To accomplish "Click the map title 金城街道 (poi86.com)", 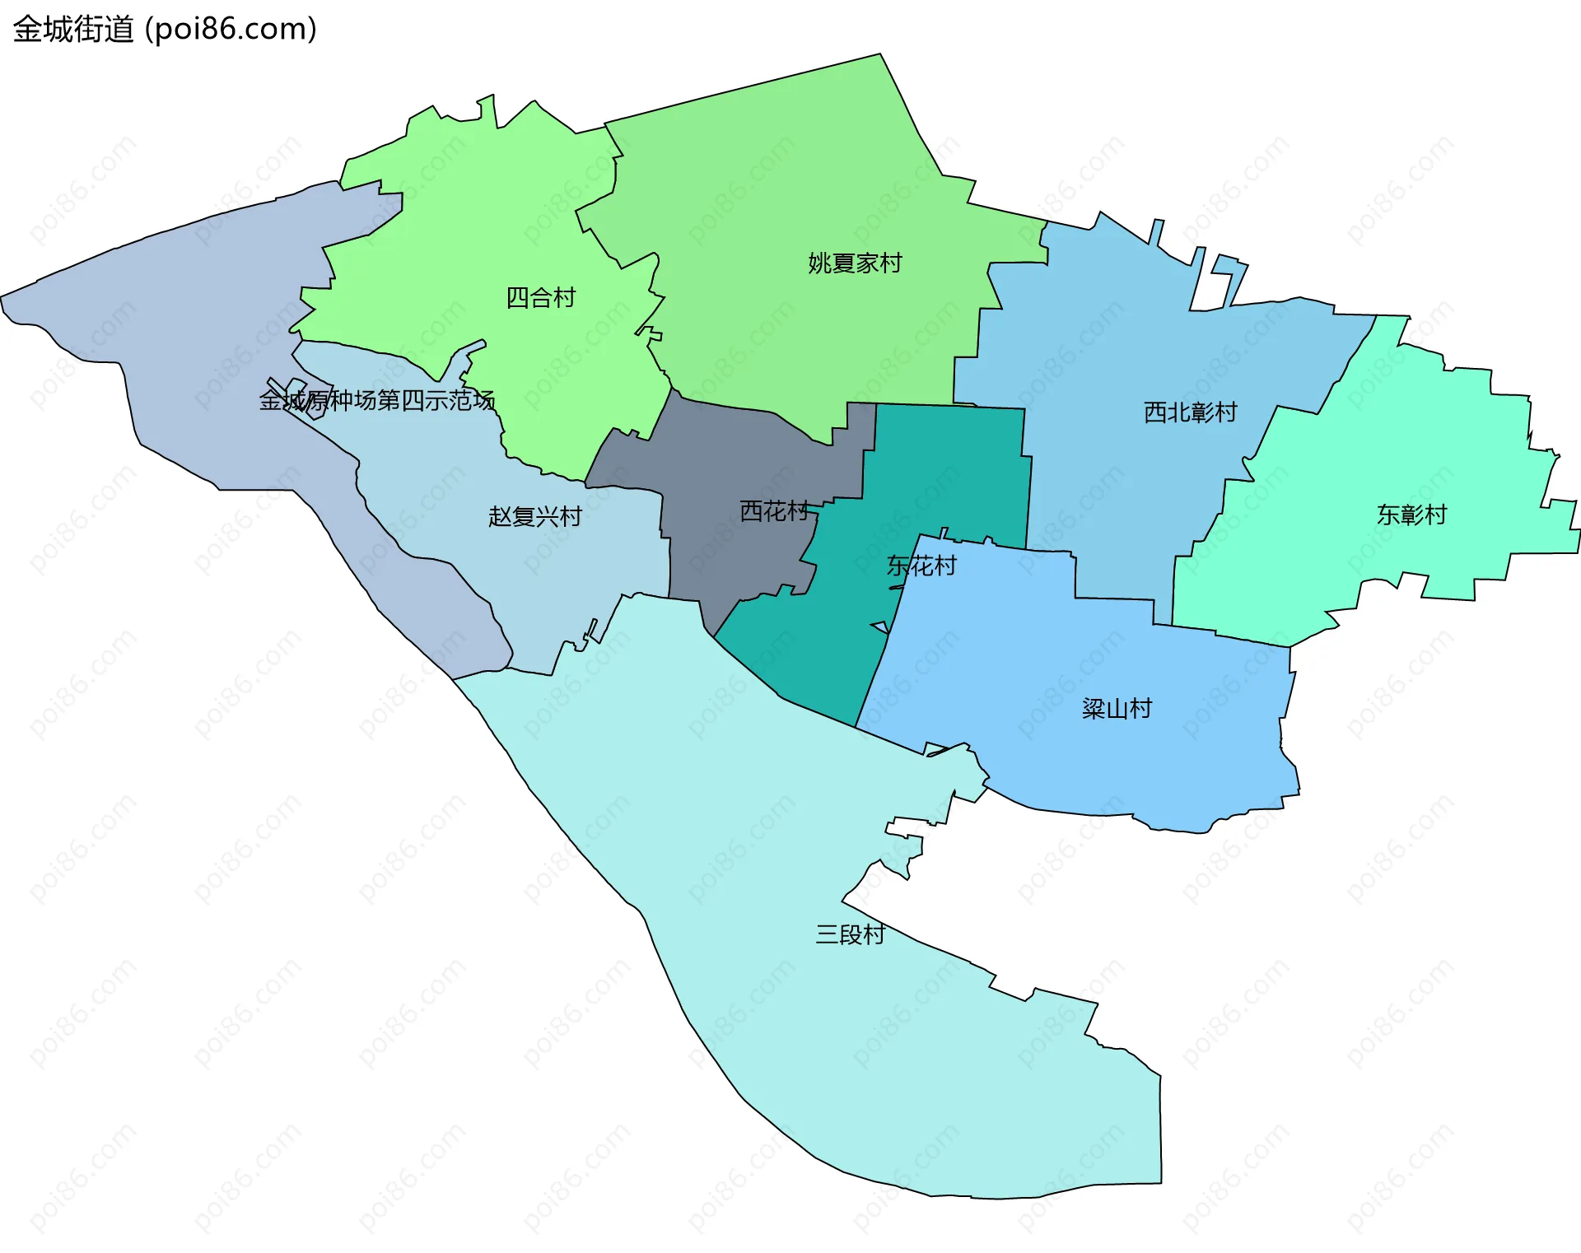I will (x=165, y=30).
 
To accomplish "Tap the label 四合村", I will (x=540, y=298).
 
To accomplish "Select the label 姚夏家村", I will (x=855, y=263).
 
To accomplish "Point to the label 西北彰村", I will (x=1190, y=412).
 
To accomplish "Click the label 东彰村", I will (x=1411, y=515).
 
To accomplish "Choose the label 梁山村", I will (x=1117, y=709).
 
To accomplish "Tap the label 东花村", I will (x=921, y=566).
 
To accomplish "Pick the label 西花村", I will (x=774, y=512).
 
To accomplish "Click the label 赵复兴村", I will (x=535, y=517).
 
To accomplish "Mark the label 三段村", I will (x=850, y=934).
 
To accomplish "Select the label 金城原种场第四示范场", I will (x=377, y=401).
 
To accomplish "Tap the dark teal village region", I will (x=947, y=469).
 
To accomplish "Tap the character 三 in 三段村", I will (x=827, y=934).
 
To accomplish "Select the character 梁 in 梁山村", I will (x=1094, y=709).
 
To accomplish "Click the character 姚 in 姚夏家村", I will (x=819, y=263).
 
